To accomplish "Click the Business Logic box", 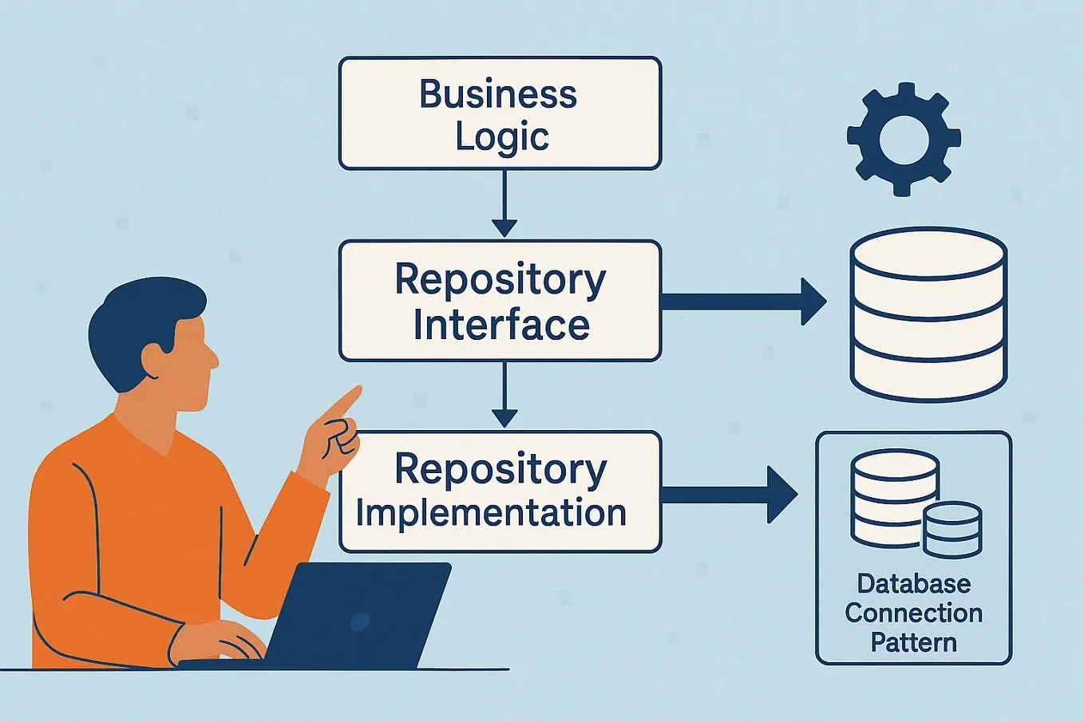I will click(x=500, y=113).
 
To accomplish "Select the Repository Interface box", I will click(x=500, y=301).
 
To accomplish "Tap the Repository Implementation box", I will click(x=500, y=491).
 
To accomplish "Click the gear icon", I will click(x=903, y=139).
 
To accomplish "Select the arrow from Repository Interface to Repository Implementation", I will click(x=504, y=396).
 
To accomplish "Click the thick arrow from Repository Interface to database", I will click(x=742, y=302).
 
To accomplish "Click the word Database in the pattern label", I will click(x=914, y=584).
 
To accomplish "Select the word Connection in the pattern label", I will click(x=914, y=613).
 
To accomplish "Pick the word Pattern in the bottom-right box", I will click(x=914, y=642).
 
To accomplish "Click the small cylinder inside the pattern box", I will click(x=952, y=530).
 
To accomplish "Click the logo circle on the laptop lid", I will click(x=360, y=621).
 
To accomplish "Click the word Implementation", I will click(x=491, y=513).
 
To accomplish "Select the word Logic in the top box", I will click(x=502, y=136).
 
